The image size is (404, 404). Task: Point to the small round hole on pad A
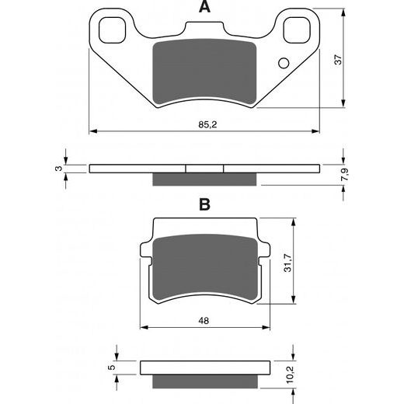coord(284,63)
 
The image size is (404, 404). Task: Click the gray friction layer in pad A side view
coord(205,179)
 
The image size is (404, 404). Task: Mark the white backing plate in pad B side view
coord(205,367)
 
